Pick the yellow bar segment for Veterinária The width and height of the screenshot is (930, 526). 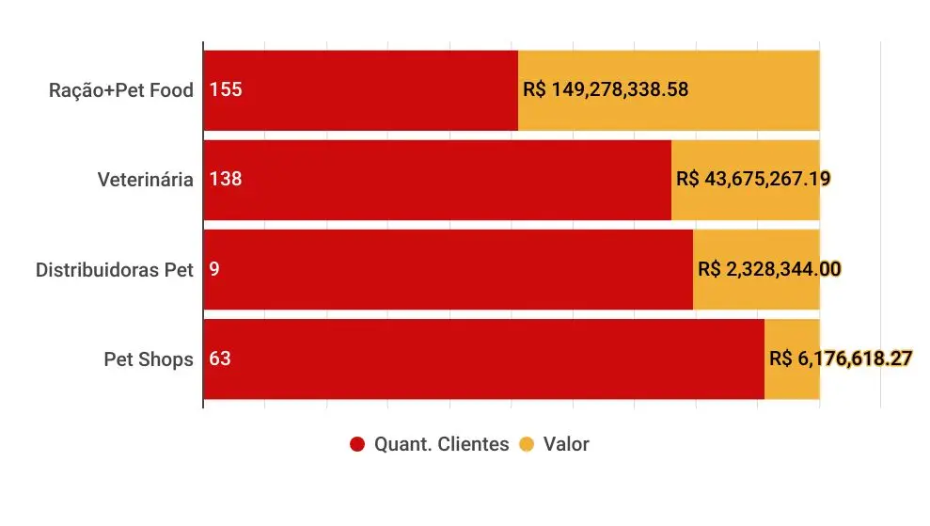pos(745,202)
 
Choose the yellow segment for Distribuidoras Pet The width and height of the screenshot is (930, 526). pos(756,292)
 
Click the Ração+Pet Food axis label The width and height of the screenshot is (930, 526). pos(121,90)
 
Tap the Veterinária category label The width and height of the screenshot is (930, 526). pos(146,179)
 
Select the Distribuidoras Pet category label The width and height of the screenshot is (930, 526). pos(115,269)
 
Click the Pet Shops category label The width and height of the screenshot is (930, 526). pos(149,359)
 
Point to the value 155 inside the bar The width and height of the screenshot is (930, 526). pos(226,90)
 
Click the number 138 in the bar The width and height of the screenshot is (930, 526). pos(226,179)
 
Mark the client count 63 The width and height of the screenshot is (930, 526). pos(221,359)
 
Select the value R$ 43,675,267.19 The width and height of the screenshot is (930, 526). pos(752,179)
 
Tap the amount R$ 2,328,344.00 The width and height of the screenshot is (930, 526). pos(769,269)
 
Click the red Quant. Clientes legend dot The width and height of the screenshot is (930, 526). pos(357,444)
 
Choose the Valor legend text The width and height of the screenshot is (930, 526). pos(566,444)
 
